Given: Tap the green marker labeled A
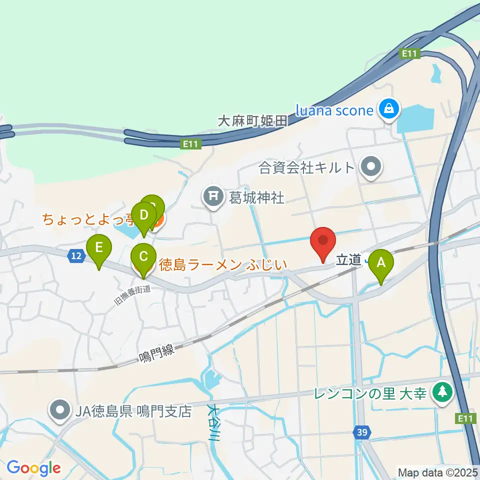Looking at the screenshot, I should coord(380,263).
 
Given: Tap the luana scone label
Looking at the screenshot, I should coord(334,110).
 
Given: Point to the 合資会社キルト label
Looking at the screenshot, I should coord(306,168).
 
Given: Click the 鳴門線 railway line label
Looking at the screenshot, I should coord(156,352).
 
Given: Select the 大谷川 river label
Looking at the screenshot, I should coord(213,422).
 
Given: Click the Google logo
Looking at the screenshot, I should coord(33,468).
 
